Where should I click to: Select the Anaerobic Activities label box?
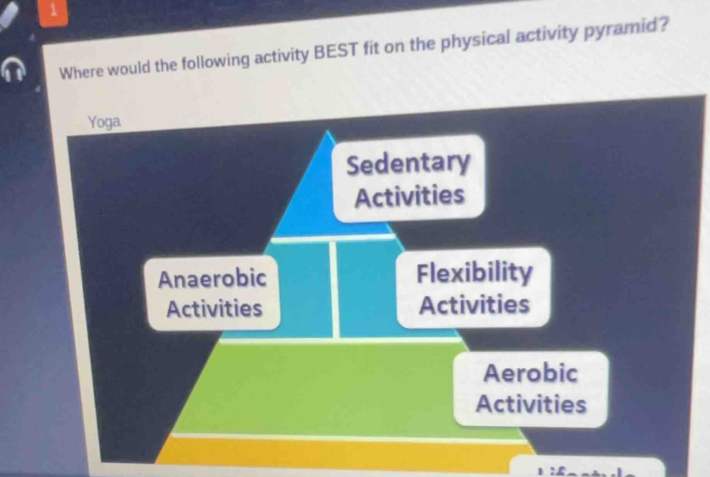tap(213, 293)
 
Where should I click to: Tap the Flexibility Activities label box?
tap(474, 288)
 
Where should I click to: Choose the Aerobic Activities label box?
tap(531, 388)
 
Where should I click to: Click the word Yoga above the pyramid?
tap(104, 123)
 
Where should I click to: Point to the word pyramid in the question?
tap(625, 29)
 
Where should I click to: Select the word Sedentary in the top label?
tap(408, 164)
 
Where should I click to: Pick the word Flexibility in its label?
tap(474, 272)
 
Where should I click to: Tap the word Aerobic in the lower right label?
tap(531, 373)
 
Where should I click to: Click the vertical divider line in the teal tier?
tap(334, 288)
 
